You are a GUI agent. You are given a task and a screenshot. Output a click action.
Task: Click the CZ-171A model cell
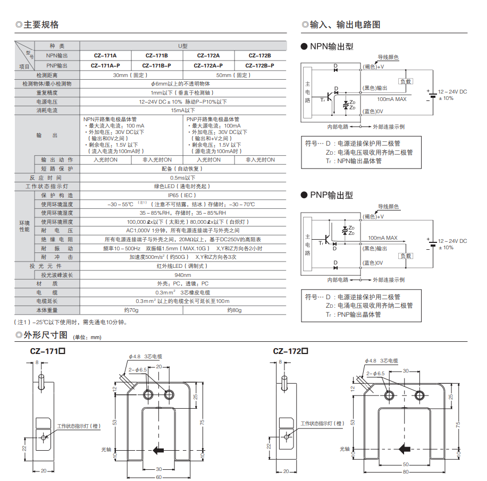pos(105,55)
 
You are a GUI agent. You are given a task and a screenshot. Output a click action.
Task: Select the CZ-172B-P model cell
pos(260,65)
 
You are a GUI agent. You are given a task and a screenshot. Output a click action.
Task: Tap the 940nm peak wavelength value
pos(182,275)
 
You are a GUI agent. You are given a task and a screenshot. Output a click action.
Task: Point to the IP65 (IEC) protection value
pos(182,195)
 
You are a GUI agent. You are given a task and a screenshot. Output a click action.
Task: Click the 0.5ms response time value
pos(182,178)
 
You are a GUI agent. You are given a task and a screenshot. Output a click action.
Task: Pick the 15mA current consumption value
pos(182,110)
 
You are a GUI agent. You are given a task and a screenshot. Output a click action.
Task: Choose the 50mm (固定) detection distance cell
pos(234,75)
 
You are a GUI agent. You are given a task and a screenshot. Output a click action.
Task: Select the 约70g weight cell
pos(131,309)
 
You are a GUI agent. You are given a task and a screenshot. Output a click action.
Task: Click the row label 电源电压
pos(47,102)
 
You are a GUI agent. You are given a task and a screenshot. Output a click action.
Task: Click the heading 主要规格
pos(40,25)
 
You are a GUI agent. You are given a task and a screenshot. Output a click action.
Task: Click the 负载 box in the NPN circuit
pos(406,81)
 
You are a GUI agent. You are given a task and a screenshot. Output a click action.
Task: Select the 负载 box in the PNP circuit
pos(406,255)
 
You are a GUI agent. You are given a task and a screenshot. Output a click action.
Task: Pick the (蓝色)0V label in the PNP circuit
pos(373,263)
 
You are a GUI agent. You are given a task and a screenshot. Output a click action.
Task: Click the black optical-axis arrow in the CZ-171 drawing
pos(158,450)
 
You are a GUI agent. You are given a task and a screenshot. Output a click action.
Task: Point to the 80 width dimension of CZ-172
pos(405,471)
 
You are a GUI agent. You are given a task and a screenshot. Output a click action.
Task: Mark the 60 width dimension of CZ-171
pos(158,476)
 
